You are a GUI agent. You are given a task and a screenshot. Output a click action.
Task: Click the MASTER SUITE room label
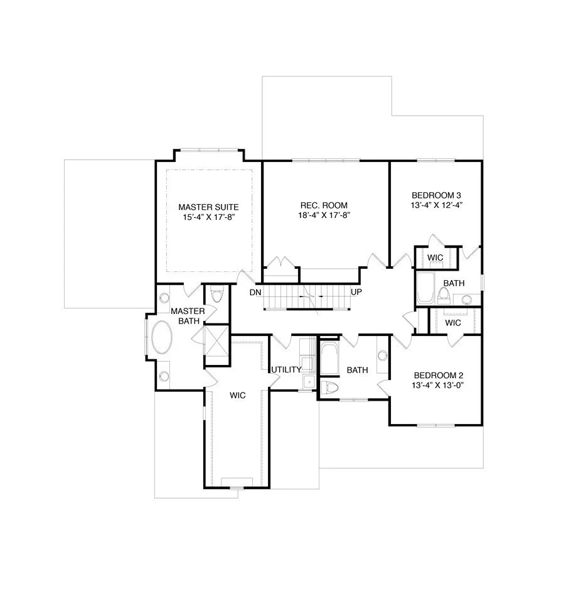pyautogui.click(x=208, y=206)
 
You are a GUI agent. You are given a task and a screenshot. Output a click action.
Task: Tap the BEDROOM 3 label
pyautogui.click(x=437, y=195)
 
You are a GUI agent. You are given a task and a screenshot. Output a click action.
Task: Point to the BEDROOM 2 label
pyautogui.click(x=437, y=375)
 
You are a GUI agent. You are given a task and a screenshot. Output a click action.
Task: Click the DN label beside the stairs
pyautogui.click(x=255, y=293)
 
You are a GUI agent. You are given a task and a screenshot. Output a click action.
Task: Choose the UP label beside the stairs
pyautogui.click(x=356, y=293)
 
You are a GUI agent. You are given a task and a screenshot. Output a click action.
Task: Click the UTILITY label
pyautogui.click(x=286, y=369)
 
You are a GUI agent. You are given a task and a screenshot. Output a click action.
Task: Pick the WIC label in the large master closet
pyautogui.click(x=237, y=395)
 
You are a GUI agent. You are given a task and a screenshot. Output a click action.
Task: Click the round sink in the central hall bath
pyautogui.click(x=381, y=356)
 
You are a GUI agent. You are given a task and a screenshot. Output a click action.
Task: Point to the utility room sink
pyautogui.click(x=307, y=381)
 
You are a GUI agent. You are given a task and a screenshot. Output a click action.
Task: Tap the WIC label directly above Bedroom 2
pyautogui.click(x=452, y=322)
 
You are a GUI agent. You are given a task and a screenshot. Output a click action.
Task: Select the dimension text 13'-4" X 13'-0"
pyautogui.click(x=437, y=385)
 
